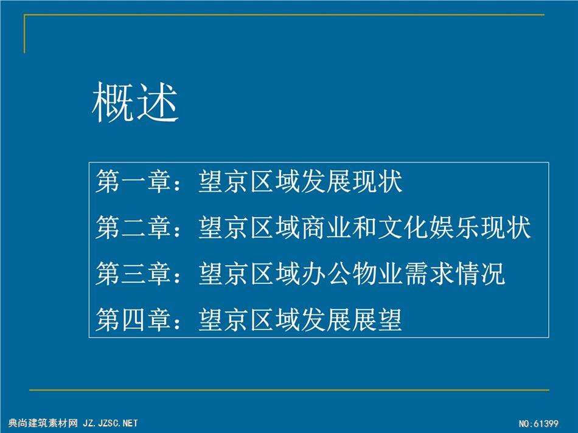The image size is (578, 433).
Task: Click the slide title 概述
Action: tap(135, 102)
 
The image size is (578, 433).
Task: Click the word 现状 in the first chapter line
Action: tap(377, 181)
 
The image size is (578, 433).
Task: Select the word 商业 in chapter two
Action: tap(326, 227)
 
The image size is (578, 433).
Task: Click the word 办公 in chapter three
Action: tap(326, 274)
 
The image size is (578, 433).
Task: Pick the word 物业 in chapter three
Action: tap(377, 274)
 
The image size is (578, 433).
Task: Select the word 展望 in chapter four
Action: tap(377, 319)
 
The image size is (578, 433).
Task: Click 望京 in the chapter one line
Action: tap(223, 181)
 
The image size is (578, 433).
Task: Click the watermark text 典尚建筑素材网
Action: tap(43, 423)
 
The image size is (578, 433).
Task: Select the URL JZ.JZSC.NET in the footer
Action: tap(110, 423)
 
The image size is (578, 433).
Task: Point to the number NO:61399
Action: tap(538, 424)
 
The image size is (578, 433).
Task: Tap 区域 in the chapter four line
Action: tap(274, 319)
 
